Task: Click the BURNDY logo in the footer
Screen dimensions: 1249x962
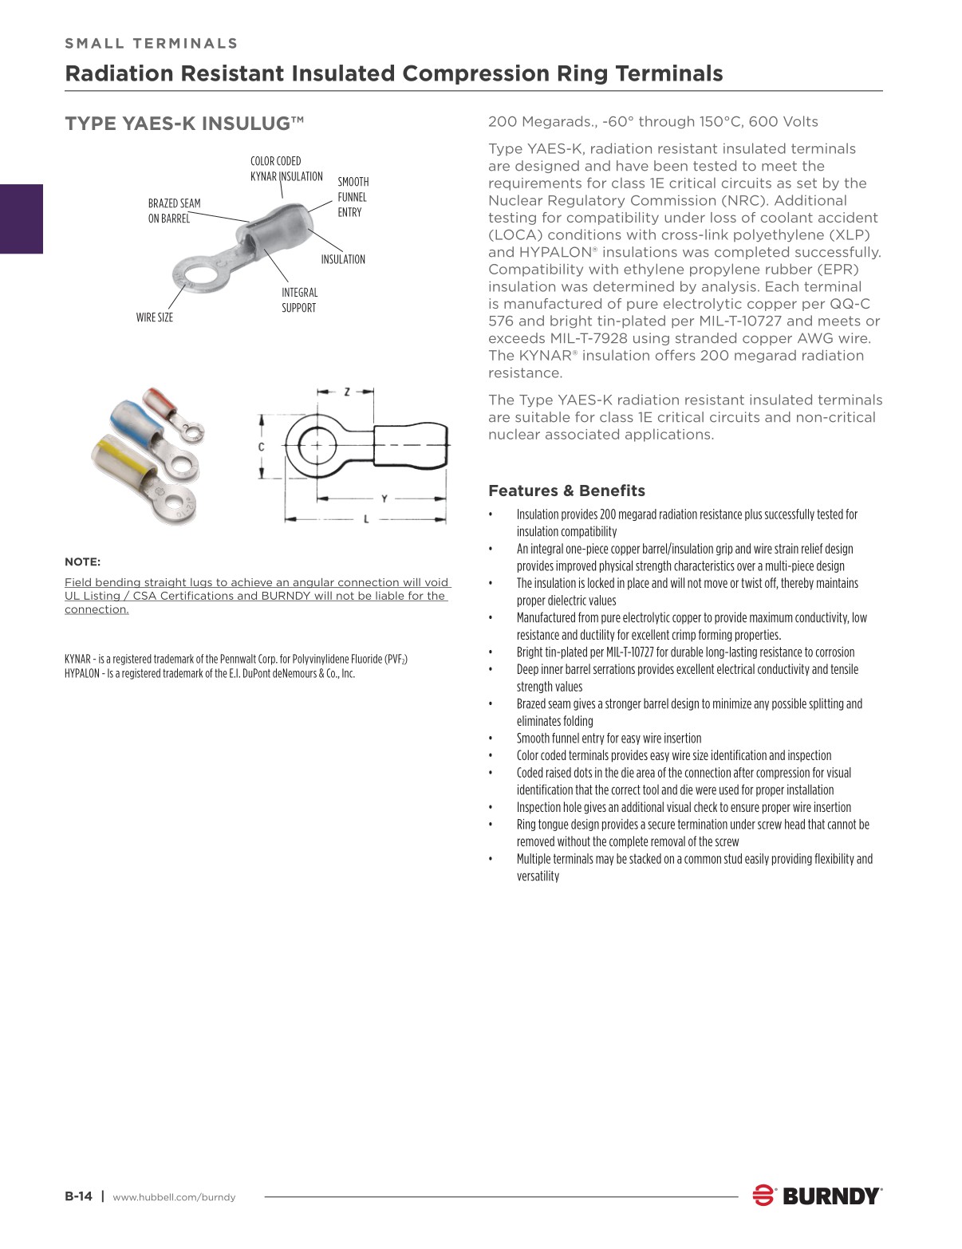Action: point(817,1196)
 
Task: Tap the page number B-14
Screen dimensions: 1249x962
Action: point(78,1196)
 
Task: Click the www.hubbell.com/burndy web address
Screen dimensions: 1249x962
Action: point(174,1197)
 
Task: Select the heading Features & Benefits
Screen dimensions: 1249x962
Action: point(566,491)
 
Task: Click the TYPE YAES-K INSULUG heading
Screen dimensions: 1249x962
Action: point(184,124)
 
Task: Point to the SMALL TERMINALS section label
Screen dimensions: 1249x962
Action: point(152,43)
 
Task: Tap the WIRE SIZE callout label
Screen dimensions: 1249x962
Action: point(154,317)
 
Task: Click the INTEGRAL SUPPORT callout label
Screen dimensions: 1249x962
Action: point(299,300)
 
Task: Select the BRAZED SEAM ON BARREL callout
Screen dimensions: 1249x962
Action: point(174,211)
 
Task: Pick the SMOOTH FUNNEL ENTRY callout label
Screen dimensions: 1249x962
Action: point(353,197)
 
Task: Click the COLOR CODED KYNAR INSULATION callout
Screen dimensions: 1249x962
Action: point(286,168)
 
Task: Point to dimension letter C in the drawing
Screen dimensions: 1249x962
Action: point(261,447)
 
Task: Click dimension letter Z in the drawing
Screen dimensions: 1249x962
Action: point(347,392)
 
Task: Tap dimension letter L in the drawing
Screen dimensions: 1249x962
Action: point(366,519)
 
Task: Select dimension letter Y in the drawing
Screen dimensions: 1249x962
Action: point(384,499)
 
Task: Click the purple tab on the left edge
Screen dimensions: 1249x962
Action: point(22,219)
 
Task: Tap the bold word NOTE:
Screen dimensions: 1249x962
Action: point(82,561)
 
